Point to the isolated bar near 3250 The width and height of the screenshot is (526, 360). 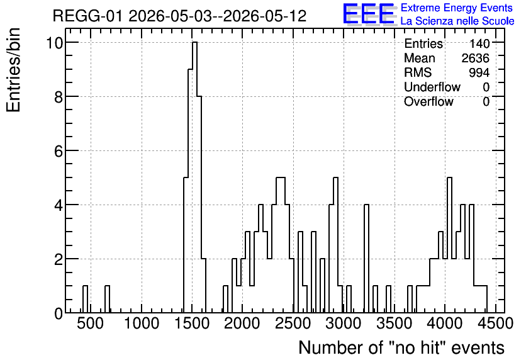(x=366, y=258)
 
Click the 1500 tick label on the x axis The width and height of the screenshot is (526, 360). (x=193, y=323)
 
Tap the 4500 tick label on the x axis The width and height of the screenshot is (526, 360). (x=496, y=323)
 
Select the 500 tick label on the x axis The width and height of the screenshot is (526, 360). (x=91, y=323)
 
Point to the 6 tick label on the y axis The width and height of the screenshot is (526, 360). (x=59, y=151)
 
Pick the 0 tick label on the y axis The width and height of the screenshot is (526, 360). (x=59, y=313)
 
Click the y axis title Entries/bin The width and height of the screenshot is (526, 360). (x=14, y=70)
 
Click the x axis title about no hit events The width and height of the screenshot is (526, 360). (x=401, y=347)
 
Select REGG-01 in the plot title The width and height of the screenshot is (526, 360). (x=88, y=16)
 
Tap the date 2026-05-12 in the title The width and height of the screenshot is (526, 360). (x=265, y=16)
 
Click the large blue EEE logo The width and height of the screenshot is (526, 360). (x=369, y=14)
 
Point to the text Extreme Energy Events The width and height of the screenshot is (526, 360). (x=457, y=8)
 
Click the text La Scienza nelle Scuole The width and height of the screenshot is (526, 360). (x=457, y=21)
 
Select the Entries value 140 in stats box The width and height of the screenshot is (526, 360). (x=479, y=43)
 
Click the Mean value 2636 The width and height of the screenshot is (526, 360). (x=475, y=58)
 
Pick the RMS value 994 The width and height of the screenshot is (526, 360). (x=479, y=72)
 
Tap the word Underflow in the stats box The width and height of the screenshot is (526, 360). (x=432, y=87)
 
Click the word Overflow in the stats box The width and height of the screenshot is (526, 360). (x=428, y=101)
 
